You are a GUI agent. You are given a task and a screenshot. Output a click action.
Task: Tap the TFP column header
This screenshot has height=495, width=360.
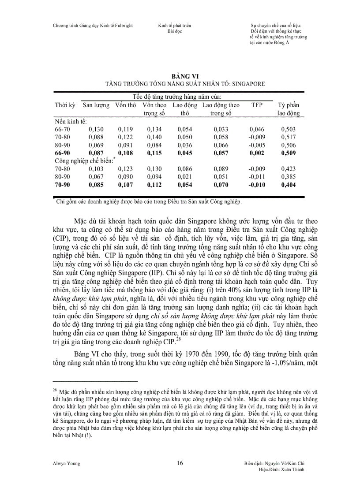[256, 105]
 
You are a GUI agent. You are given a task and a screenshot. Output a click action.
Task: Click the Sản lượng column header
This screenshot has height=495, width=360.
[96, 105]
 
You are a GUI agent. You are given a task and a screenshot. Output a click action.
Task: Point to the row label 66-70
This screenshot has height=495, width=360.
[62, 129]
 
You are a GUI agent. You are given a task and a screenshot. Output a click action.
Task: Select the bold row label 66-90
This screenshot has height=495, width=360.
[62, 153]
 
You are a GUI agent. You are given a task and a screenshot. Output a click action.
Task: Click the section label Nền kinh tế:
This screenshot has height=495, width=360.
[71, 121]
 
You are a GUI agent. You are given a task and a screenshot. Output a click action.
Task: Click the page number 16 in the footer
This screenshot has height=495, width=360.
[180, 463]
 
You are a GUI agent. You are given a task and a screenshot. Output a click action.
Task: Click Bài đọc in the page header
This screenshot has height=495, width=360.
[174, 31]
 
